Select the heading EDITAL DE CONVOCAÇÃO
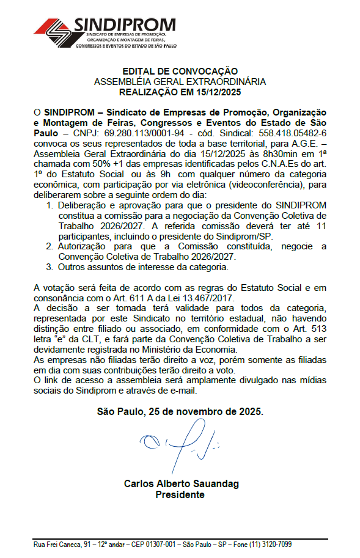tap(180, 72)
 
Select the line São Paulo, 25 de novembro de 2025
tap(180, 412)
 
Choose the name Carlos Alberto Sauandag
tap(182, 484)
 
